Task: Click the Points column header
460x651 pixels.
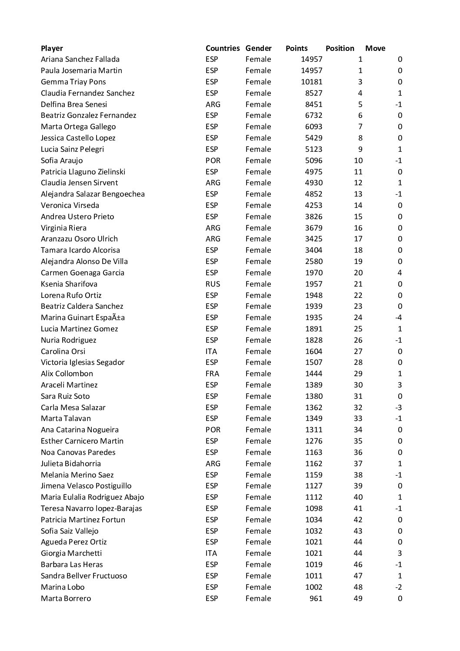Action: click(x=297, y=48)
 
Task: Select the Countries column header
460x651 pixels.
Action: click(x=223, y=48)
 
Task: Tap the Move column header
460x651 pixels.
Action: click(x=375, y=48)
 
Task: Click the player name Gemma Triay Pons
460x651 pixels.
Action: click(x=73, y=82)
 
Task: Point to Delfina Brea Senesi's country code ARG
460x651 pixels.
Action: click(x=213, y=104)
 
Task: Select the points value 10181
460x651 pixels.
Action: click(x=312, y=82)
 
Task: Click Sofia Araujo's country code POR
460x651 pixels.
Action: click(x=213, y=160)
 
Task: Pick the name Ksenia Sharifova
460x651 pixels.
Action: click(x=69, y=284)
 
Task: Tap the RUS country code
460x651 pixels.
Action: click(x=213, y=284)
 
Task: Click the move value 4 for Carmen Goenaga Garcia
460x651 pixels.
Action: click(x=400, y=273)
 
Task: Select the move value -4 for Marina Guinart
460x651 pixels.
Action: click(x=398, y=317)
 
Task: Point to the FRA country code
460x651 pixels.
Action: click(x=213, y=374)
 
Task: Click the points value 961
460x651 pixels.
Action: click(x=316, y=598)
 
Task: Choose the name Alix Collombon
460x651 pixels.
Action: click(x=67, y=374)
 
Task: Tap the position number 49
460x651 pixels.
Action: click(x=358, y=598)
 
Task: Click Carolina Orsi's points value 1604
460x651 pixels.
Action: click(x=313, y=351)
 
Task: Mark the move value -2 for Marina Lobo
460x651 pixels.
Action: click(x=398, y=587)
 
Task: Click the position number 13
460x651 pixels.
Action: click(x=358, y=194)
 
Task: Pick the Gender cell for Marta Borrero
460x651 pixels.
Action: click(x=258, y=598)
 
